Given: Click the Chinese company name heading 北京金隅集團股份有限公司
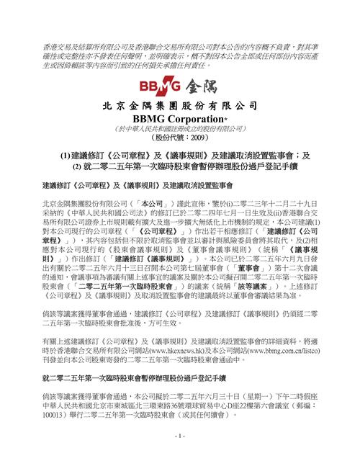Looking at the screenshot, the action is (x=179, y=104).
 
